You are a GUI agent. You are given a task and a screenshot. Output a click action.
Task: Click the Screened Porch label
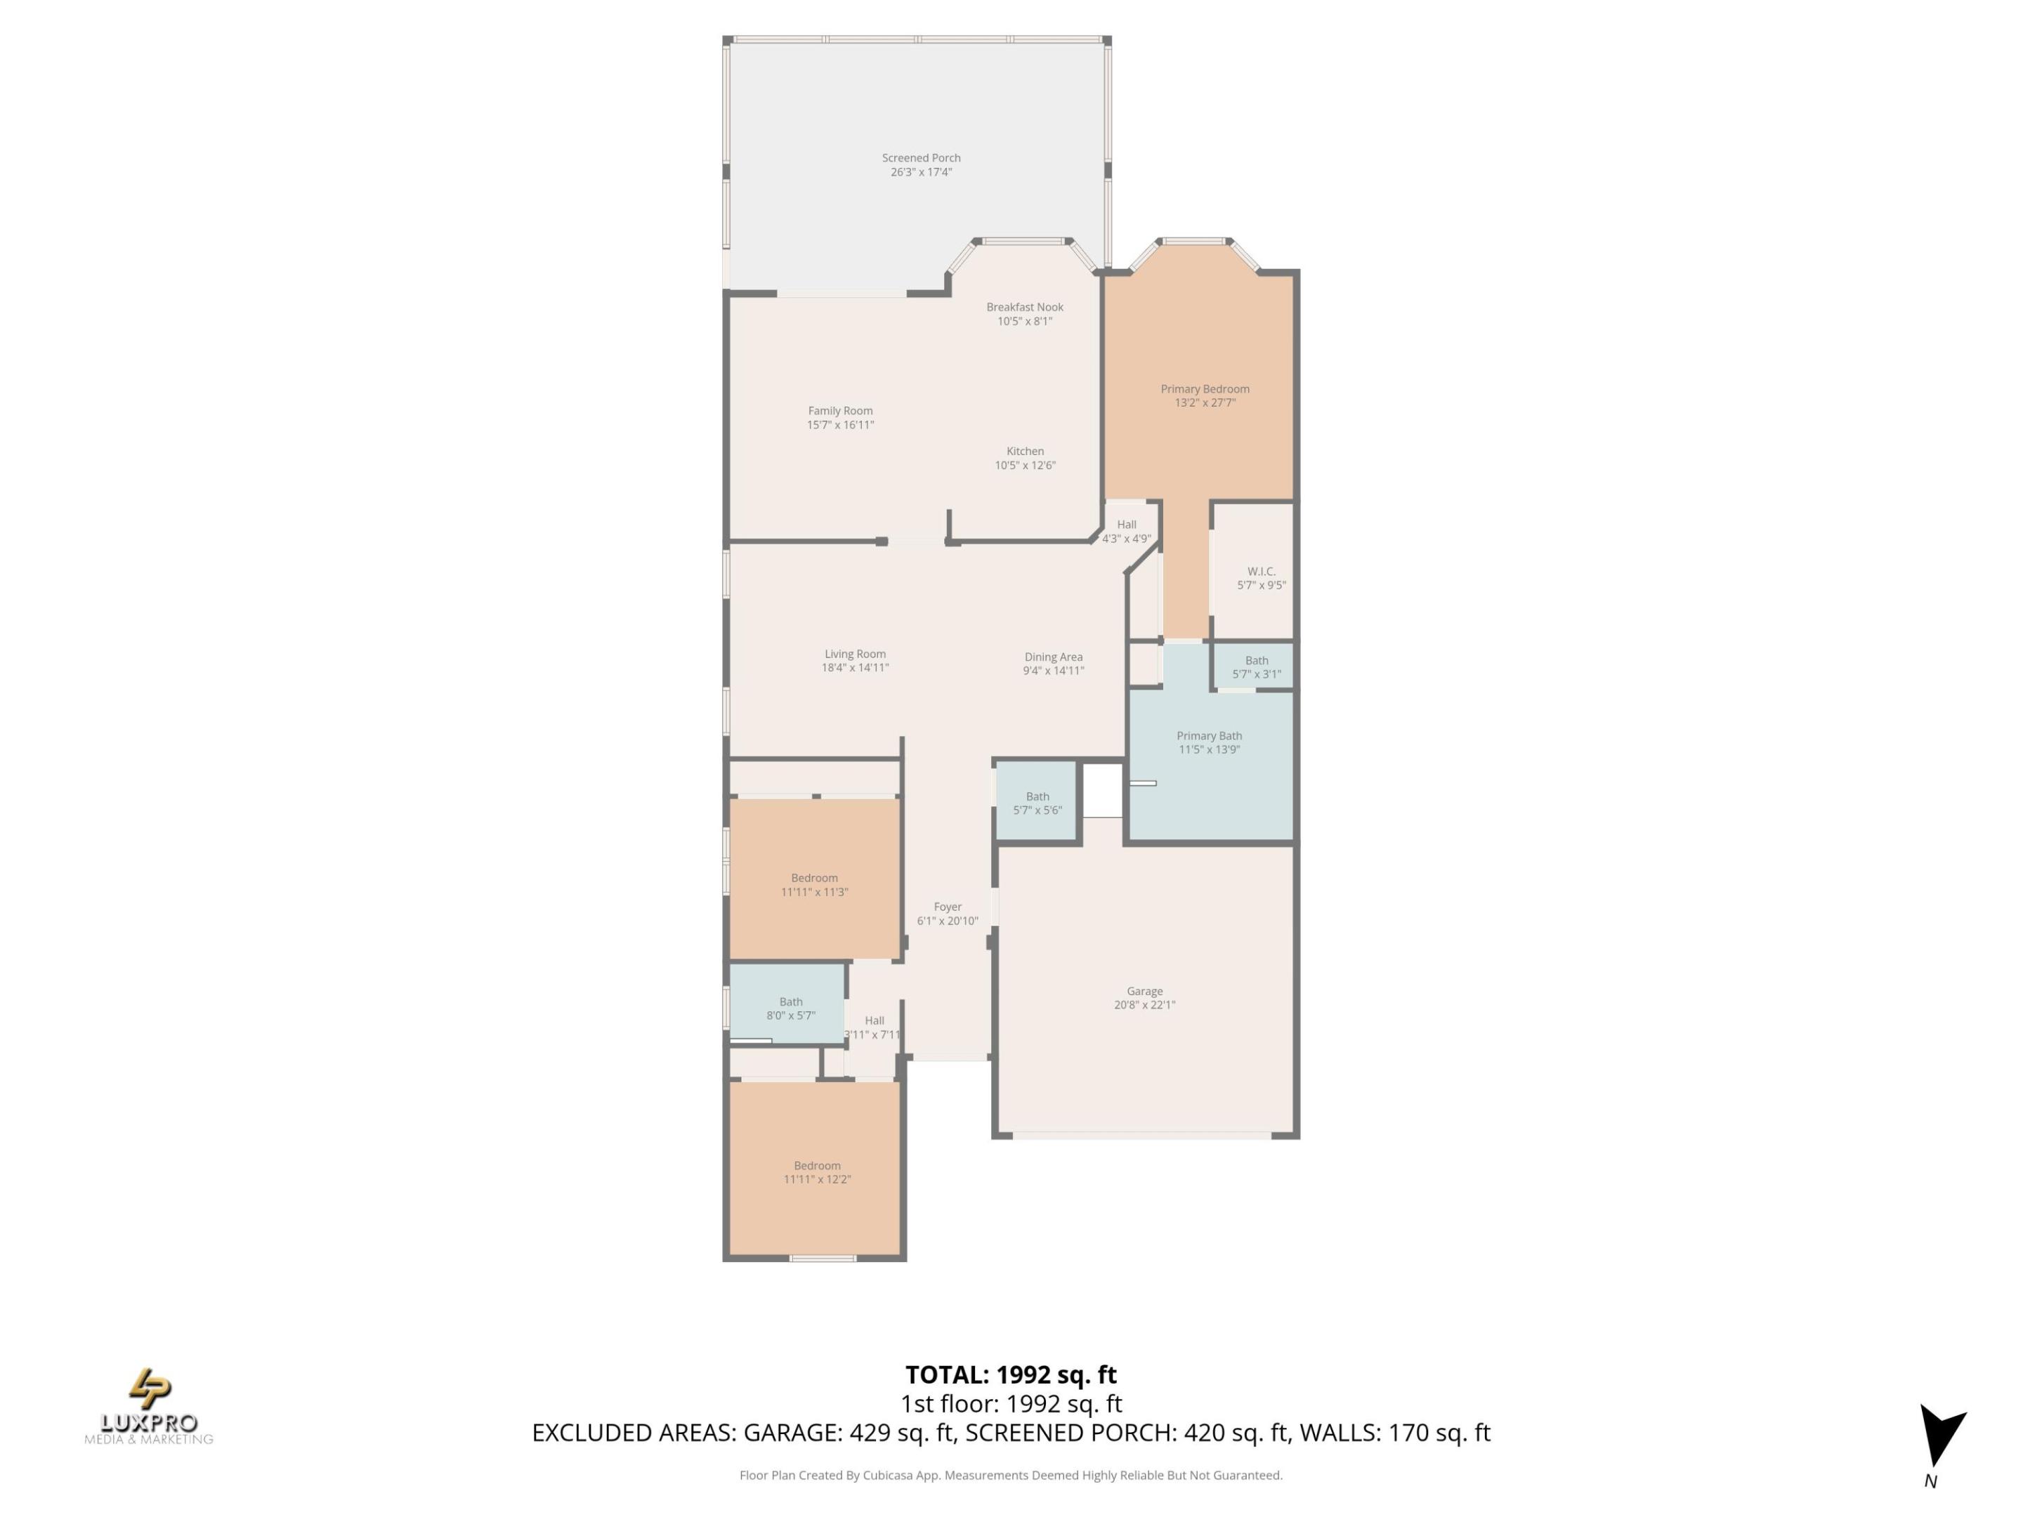(x=921, y=158)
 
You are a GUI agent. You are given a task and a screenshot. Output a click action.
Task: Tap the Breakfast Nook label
(x=1024, y=307)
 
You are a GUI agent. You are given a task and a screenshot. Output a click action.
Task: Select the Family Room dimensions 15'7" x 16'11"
(x=839, y=425)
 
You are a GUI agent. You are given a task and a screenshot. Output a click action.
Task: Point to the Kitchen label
(x=1024, y=452)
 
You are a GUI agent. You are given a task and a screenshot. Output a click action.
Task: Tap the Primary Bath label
(x=1208, y=736)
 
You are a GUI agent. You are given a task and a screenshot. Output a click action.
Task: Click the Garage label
(x=1144, y=991)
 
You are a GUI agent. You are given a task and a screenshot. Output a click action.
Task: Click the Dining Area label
(x=1053, y=657)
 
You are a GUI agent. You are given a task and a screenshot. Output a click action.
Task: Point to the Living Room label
(x=854, y=655)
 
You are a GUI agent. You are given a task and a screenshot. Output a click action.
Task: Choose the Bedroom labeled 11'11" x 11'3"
(x=814, y=885)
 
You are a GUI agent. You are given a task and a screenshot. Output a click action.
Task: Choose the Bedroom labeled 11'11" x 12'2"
(x=817, y=1172)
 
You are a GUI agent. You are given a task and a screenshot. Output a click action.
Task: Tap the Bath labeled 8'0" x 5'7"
(x=790, y=1009)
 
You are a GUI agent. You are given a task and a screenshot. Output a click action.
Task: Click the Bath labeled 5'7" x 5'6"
(x=1037, y=803)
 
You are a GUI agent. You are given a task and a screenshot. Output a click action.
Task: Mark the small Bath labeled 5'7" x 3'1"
(x=1256, y=667)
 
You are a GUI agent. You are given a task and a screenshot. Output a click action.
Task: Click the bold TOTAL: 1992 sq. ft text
(x=1011, y=1375)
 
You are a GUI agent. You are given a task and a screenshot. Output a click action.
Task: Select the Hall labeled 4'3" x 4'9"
(x=1126, y=531)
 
